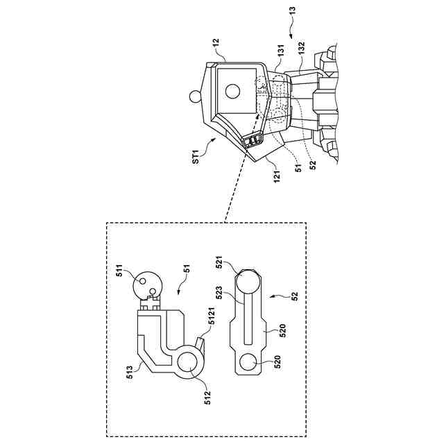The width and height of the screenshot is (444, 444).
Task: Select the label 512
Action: [x=208, y=396]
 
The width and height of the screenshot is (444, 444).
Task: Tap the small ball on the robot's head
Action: [x=196, y=95]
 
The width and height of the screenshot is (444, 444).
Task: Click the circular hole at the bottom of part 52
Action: [x=246, y=363]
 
